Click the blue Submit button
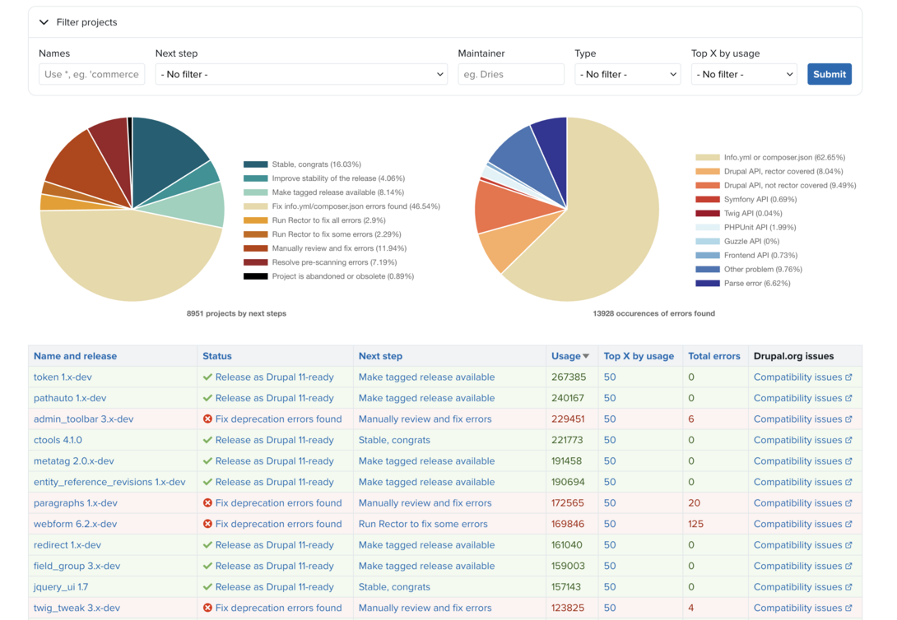tap(829, 74)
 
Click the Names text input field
tap(91, 74)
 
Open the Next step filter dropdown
tap(301, 74)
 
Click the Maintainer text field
tap(510, 74)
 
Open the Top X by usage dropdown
tap(744, 74)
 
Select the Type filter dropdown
tap(627, 74)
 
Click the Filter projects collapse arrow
tap(44, 22)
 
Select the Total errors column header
tap(713, 356)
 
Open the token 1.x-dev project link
tap(63, 377)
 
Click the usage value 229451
tap(568, 419)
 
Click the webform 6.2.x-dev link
tap(75, 524)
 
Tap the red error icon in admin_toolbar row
tap(207, 419)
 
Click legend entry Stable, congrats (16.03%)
tap(316, 164)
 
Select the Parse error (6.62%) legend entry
tap(756, 283)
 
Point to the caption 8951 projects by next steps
tap(236, 313)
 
